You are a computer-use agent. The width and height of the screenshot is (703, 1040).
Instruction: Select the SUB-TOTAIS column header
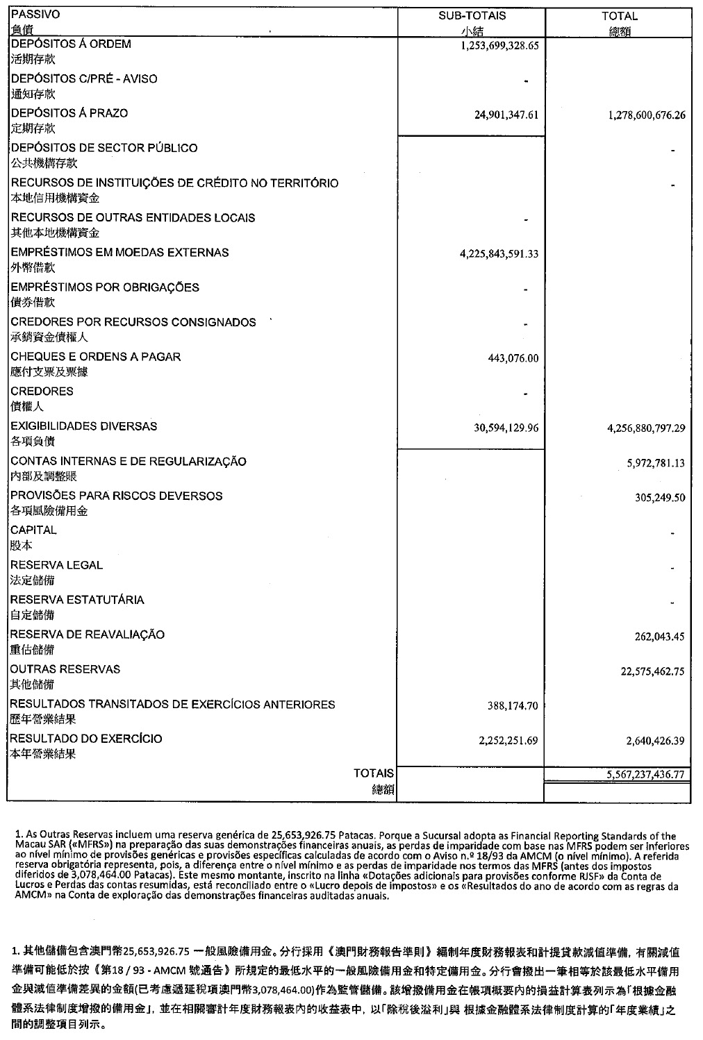coord(472,15)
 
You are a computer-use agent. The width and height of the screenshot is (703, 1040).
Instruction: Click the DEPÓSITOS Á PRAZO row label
coord(69,113)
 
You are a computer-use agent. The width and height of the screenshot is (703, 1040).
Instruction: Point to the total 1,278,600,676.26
coord(646,115)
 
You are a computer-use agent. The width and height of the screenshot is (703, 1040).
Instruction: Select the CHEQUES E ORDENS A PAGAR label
coord(96,357)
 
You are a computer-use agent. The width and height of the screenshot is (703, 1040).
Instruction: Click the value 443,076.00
coord(513,358)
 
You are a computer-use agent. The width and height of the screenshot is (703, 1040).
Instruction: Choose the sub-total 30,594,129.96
coord(506,428)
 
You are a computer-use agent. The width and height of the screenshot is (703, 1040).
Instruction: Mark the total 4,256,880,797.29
coord(646,428)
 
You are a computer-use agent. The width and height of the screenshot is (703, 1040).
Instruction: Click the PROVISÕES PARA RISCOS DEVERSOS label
coord(117,496)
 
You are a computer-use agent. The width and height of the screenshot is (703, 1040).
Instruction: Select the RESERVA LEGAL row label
coord(57,565)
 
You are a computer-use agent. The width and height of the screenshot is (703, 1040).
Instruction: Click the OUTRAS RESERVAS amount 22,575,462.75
coord(653,671)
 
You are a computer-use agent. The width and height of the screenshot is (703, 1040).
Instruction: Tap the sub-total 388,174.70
coord(513,706)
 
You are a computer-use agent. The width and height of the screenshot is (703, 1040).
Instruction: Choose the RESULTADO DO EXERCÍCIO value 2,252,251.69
coord(508,741)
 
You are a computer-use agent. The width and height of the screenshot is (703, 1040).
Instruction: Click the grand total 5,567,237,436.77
coord(646,774)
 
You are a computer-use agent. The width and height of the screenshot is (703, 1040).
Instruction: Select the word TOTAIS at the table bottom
coord(374,773)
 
